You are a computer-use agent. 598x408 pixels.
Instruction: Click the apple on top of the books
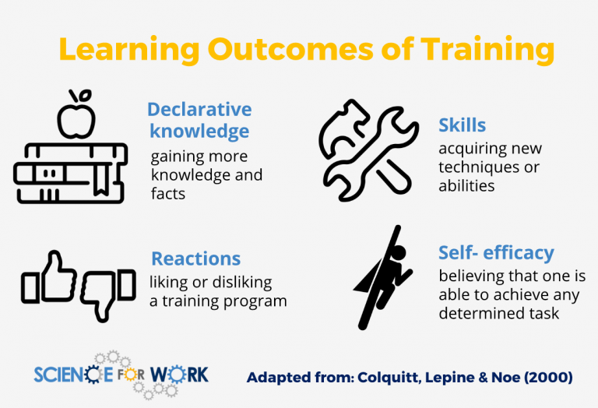(x=76, y=117)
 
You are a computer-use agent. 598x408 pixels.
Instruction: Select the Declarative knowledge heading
(x=199, y=119)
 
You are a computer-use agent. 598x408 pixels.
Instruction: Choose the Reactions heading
(x=195, y=259)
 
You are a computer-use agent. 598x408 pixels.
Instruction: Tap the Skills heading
(x=462, y=125)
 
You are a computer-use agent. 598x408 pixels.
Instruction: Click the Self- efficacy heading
(x=496, y=252)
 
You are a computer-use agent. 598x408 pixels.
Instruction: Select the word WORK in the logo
(x=180, y=375)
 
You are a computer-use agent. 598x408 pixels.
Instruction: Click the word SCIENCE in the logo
(x=73, y=375)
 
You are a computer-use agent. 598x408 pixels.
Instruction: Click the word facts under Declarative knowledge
(x=168, y=193)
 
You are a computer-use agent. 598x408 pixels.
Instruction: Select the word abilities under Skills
(x=466, y=186)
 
